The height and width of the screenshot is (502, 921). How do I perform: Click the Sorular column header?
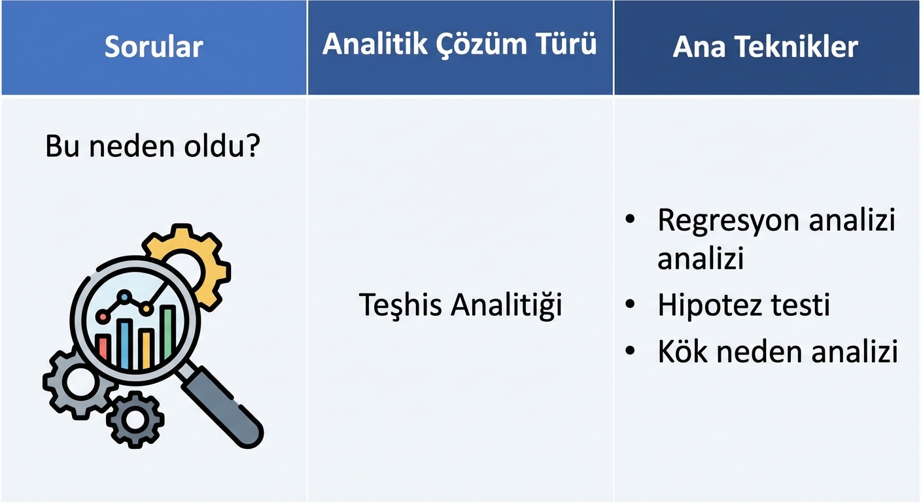pos(154,47)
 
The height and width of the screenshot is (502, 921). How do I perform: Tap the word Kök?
pos(682,352)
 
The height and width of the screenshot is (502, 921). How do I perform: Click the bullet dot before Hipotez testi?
pos(630,305)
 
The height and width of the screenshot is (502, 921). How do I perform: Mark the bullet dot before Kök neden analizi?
pos(630,352)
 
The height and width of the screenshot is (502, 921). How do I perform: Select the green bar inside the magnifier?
pos(168,336)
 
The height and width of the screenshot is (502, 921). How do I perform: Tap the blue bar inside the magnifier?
pos(125,344)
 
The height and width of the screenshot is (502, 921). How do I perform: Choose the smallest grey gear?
pos(135,420)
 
